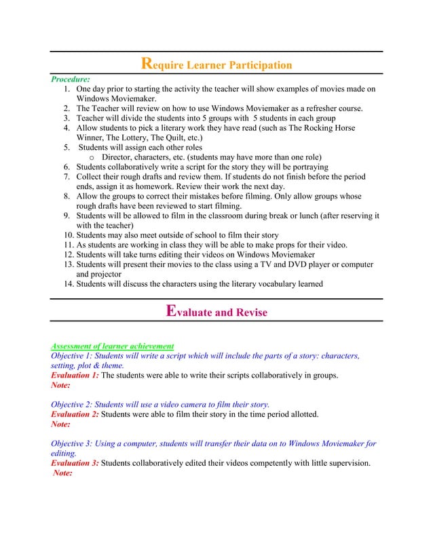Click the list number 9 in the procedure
click(x=68, y=216)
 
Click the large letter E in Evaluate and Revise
click(x=172, y=312)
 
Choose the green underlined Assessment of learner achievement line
click(x=113, y=346)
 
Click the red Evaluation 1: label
click(x=75, y=375)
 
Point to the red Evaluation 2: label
click(x=75, y=414)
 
